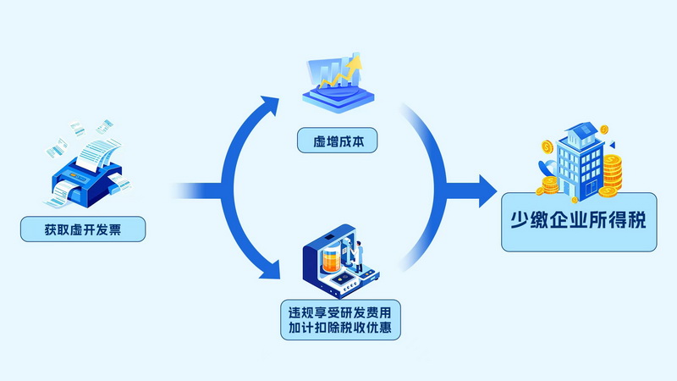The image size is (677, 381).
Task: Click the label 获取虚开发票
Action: tap(82, 229)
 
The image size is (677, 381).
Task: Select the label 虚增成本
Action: tap(337, 141)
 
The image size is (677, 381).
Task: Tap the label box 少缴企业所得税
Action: tap(579, 220)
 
